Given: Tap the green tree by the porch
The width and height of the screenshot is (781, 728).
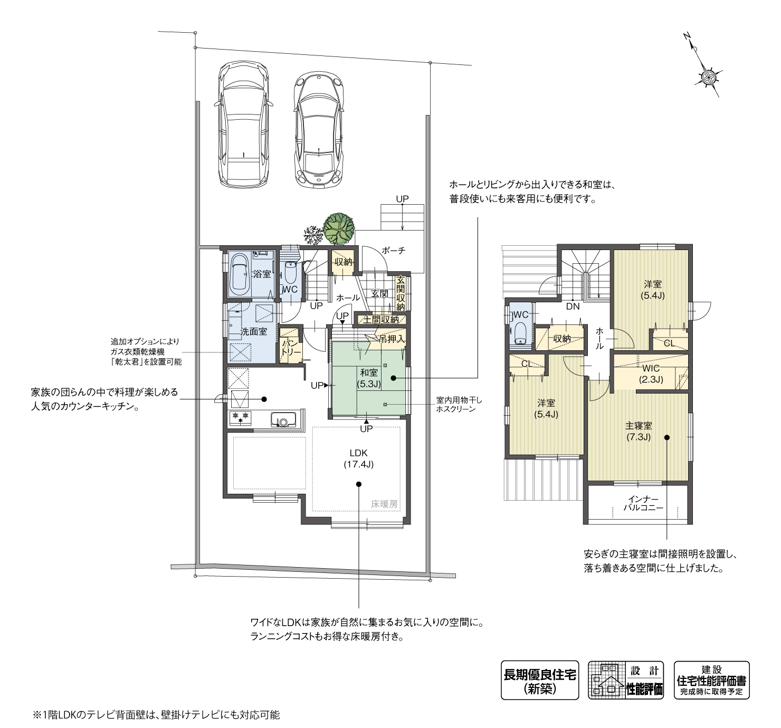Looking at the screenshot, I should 339,228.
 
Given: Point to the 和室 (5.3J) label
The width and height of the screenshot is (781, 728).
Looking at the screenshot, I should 368,378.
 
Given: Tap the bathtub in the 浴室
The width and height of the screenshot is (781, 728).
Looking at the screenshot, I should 241,274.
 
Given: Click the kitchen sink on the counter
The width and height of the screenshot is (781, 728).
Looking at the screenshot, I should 283,420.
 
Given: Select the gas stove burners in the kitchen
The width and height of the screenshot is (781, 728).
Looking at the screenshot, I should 240,418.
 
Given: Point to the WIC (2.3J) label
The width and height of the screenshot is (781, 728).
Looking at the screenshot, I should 651,373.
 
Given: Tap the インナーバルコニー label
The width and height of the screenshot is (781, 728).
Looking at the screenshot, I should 643,503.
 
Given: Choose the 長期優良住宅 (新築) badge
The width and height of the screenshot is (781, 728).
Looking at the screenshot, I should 539,680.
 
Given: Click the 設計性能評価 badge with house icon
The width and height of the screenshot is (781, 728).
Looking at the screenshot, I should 626,680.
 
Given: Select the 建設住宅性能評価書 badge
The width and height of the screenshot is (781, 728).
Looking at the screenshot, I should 711,680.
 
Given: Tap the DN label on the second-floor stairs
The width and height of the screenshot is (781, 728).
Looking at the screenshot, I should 573,305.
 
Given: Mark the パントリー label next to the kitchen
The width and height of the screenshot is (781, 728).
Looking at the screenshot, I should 290,347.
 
